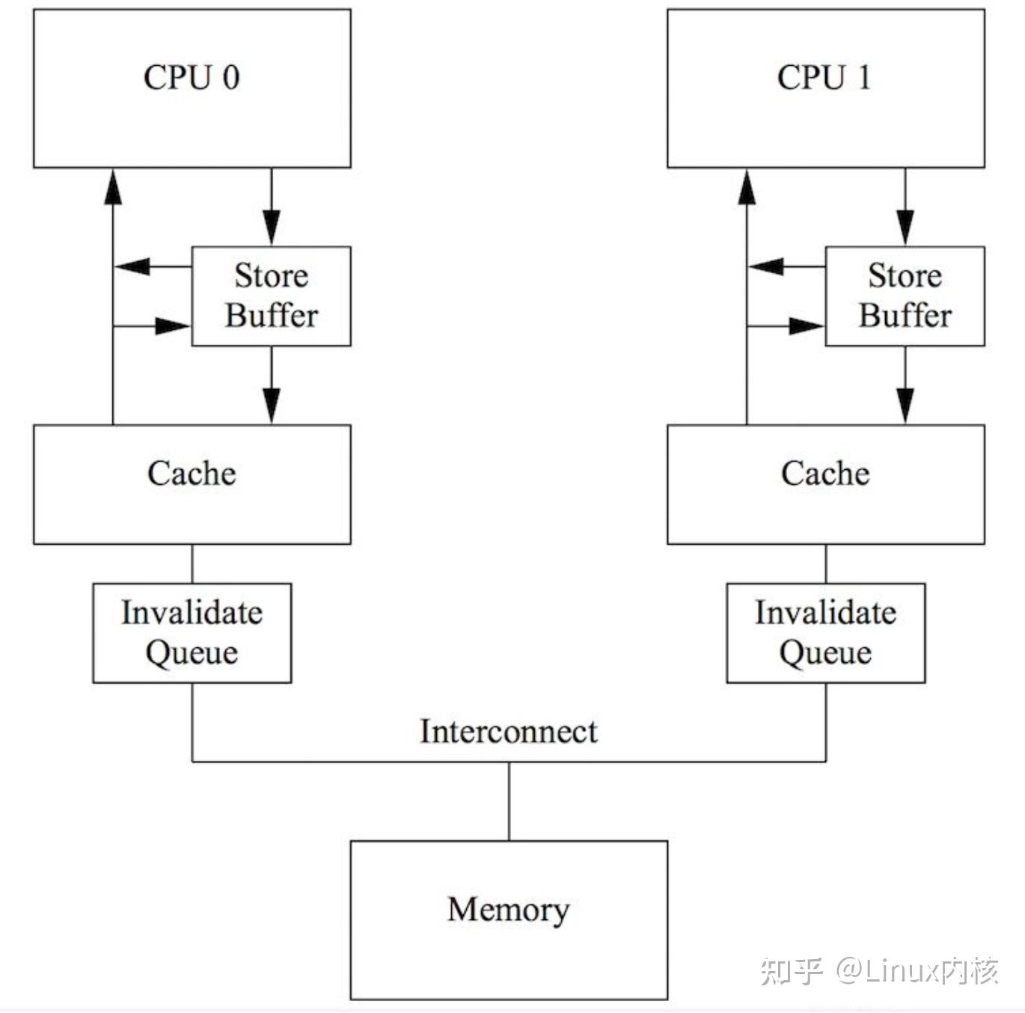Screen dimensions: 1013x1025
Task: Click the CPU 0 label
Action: pyautogui.click(x=192, y=78)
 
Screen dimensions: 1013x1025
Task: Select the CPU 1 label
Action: pyautogui.click(x=824, y=78)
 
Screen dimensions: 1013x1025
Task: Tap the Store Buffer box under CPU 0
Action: pyautogui.click(x=271, y=296)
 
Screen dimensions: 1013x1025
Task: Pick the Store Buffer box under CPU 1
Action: pyautogui.click(x=905, y=296)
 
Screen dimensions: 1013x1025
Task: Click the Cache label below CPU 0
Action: pyautogui.click(x=192, y=474)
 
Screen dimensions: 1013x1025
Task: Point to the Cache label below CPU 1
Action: pyautogui.click(x=825, y=474)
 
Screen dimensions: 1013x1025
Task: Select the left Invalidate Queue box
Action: pyautogui.click(x=192, y=633)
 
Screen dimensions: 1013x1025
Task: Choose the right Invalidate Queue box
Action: pyautogui.click(x=825, y=633)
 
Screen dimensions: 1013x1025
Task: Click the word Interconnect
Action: pyautogui.click(x=509, y=732)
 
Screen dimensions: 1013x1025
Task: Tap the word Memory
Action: pyautogui.click(x=509, y=910)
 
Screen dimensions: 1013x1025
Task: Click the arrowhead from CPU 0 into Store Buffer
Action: pyautogui.click(x=271, y=227)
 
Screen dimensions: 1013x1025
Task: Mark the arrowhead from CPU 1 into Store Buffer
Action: pyautogui.click(x=905, y=227)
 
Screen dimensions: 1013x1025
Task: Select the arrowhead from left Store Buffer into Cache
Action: pyautogui.click(x=271, y=406)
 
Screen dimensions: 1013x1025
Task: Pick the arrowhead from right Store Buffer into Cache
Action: pyautogui.click(x=905, y=406)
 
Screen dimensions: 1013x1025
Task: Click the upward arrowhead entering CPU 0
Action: pyautogui.click(x=113, y=186)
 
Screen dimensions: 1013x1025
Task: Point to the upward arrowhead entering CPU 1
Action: pyautogui.click(x=747, y=186)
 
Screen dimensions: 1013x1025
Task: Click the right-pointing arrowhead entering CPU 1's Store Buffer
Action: pyautogui.click(x=806, y=326)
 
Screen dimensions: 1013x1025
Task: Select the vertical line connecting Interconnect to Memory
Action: pyautogui.click(x=509, y=801)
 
